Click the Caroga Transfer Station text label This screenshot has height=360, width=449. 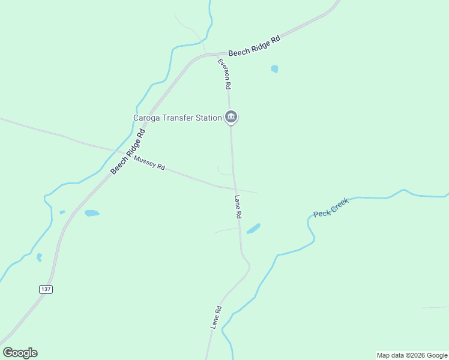pyautogui.click(x=177, y=118)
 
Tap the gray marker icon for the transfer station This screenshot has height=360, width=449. pyautogui.click(x=231, y=116)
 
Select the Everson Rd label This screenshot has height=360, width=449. pyautogui.click(x=224, y=74)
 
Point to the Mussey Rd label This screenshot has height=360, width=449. pyautogui.click(x=149, y=163)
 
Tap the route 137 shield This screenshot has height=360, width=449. pyautogui.click(x=46, y=289)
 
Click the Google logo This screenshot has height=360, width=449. pyautogui.click(x=20, y=353)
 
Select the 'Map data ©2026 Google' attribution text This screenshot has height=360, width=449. pyautogui.click(x=412, y=355)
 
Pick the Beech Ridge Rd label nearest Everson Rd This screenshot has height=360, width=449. pyautogui.click(x=254, y=46)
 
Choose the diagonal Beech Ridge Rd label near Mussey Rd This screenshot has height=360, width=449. pyautogui.click(x=128, y=153)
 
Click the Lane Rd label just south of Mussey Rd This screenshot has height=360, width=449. pyautogui.click(x=238, y=206)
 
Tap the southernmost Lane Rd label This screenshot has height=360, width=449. pyautogui.click(x=216, y=317)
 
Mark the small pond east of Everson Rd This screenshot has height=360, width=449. pyautogui.click(x=274, y=69)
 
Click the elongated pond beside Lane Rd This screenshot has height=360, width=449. pyautogui.click(x=253, y=229)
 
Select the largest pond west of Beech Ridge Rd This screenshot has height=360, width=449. pyautogui.click(x=92, y=213)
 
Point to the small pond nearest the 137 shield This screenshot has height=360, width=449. pyautogui.click(x=39, y=257)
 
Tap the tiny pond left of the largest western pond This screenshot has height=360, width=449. pyautogui.click(x=62, y=212)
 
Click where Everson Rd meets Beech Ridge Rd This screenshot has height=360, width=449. pyautogui.click(x=217, y=53)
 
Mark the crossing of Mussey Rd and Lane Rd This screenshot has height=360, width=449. pyautogui.click(x=234, y=188)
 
